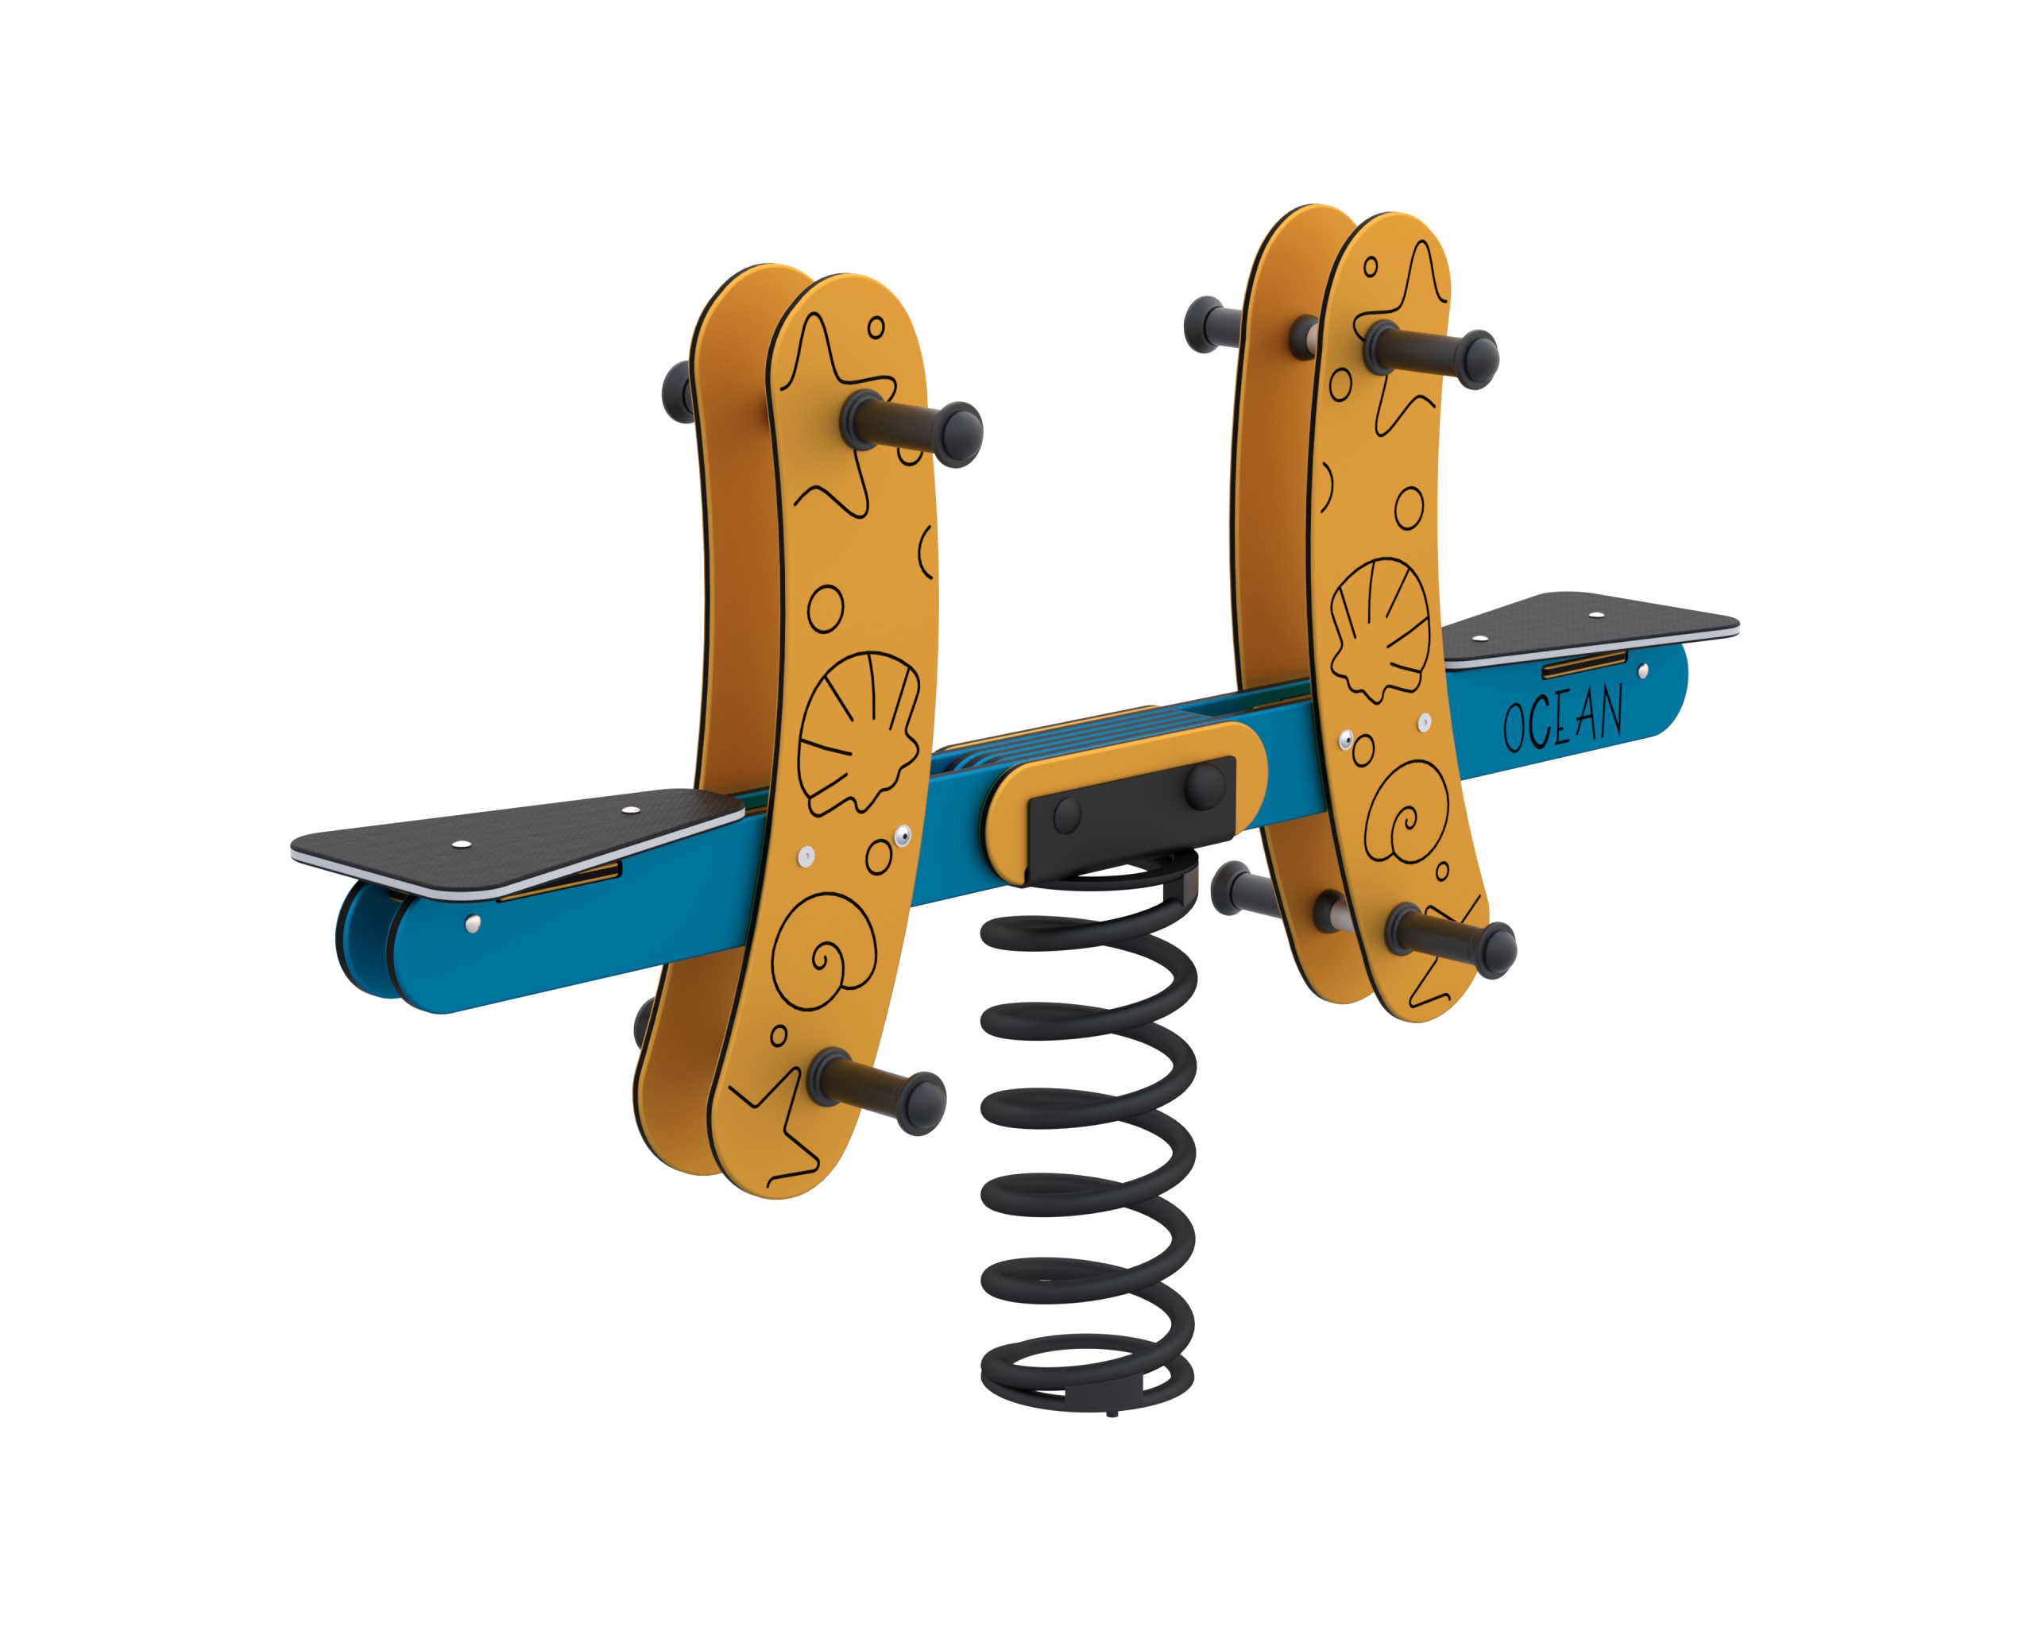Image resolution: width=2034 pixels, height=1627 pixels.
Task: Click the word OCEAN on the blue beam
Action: tap(1562, 719)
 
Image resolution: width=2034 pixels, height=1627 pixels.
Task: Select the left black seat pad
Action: tap(517, 842)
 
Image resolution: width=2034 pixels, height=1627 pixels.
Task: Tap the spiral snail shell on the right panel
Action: tap(1406, 812)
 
